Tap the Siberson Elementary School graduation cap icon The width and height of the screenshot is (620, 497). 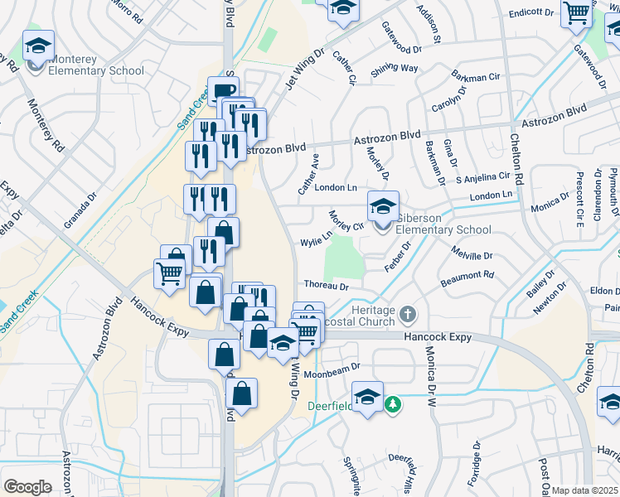click(x=383, y=206)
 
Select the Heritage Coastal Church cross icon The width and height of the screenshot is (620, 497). click(x=406, y=314)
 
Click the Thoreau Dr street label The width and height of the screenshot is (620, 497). click(x=327, y=286)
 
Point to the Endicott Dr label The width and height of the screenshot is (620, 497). click(x=531, y=12)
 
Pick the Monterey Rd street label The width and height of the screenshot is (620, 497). click(x=46, y=125)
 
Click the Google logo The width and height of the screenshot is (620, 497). click(x=27, y=486)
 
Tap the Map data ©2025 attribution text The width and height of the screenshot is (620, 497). click(x=584, y=490)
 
